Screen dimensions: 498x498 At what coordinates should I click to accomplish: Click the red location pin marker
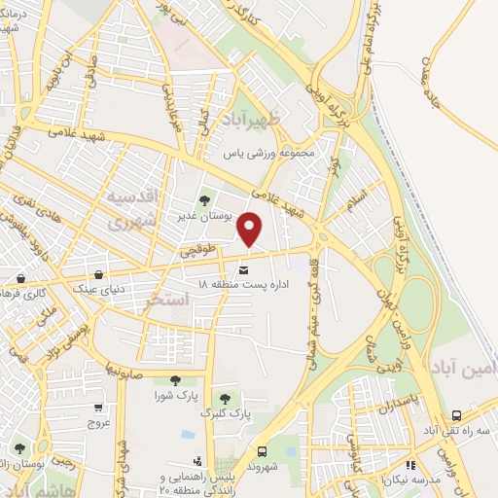coord(251,230)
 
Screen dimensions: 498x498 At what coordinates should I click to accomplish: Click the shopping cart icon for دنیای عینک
coord(102,274)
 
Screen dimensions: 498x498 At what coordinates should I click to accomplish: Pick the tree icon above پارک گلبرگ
coord(226,398)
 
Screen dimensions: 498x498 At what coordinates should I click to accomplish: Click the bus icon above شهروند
coord(262,450)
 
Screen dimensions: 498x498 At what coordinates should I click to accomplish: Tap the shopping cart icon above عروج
coord(98,409)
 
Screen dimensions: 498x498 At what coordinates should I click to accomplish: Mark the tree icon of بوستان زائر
coord(18,449)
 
